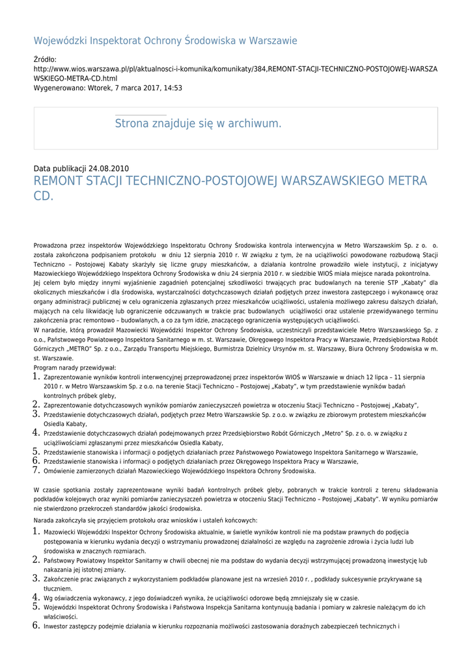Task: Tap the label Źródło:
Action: [x=46, y=60]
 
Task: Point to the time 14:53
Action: [x=173, y=87]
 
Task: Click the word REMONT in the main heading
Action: [x=61, y=181]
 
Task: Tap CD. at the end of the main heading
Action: [x=44, y=196]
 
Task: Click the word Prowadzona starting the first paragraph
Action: [x=52, y=246]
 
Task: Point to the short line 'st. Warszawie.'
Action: [x=53, y=358]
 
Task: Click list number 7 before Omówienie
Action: [x=37, y=470]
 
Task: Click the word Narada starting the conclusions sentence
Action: [x=44, y=520]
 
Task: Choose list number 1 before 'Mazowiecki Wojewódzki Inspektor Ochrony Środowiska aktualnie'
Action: [x=37, y=531]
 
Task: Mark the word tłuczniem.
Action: [x=58, y=589]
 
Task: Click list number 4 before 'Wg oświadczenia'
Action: [x=37, y=597]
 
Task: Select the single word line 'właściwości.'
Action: [x=61, y=617]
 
